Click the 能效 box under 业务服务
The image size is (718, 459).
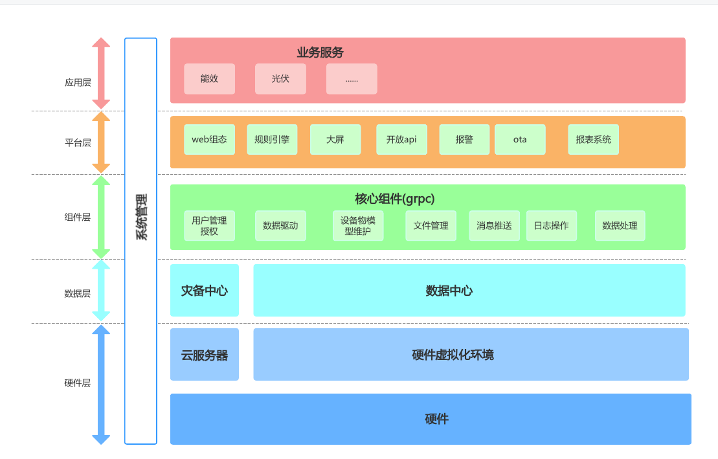[209, 79]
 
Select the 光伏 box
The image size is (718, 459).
[280, 79]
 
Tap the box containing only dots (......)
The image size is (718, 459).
[352, 79]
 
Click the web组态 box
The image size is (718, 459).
[209, 140]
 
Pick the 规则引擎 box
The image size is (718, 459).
[272, 140]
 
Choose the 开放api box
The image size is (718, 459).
[401, 140]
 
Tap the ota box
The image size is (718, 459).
[520, 140]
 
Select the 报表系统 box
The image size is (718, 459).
[593, 140]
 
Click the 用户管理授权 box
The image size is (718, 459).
[209, 225]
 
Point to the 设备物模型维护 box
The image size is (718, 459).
[358, 225]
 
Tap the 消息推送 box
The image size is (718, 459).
[494, 225]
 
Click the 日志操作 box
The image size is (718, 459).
[551, 225]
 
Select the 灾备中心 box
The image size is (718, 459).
[205, 291]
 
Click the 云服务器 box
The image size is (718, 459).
[205, 355]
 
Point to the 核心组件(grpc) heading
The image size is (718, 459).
[394, 199]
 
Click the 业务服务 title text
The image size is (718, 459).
[320, 53]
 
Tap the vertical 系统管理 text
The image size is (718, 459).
[141, 217]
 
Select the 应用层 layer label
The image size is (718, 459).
[78, 83]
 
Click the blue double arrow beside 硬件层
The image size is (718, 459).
[101, 385]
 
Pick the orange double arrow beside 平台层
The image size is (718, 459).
[101, 142]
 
